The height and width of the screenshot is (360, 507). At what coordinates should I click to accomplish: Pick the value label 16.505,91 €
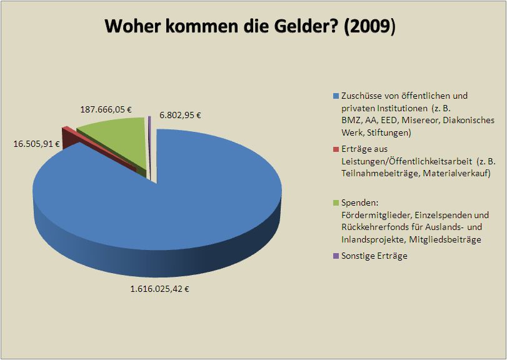36,143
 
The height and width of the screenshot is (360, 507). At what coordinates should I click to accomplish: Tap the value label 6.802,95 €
181,114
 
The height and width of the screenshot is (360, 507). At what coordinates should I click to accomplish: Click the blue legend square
336,96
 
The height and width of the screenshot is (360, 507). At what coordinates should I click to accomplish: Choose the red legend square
336,149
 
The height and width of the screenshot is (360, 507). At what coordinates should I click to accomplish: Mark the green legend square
336,202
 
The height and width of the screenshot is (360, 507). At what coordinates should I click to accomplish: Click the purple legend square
336,256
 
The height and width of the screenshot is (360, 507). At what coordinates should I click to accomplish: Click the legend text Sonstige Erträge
374,256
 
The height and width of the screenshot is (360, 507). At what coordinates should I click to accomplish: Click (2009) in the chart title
369,27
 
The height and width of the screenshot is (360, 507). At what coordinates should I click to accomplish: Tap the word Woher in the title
131,27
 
